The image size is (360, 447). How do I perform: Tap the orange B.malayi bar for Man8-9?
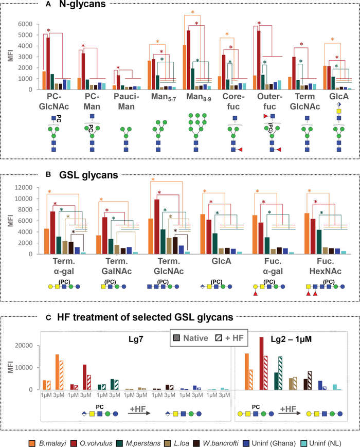click(185, 67)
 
